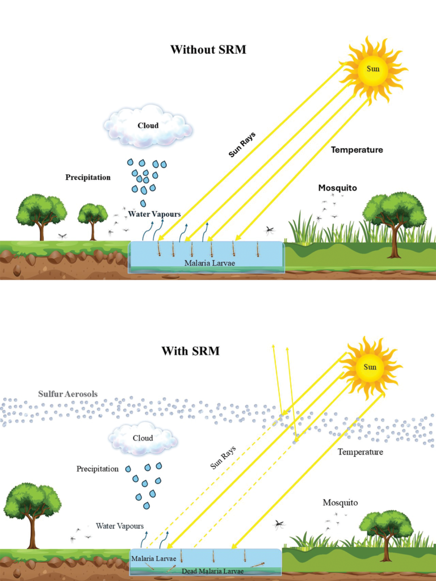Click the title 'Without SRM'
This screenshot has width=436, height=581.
[208, 50]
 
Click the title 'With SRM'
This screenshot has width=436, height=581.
[191, 351]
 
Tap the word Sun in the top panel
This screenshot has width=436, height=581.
[373, 69]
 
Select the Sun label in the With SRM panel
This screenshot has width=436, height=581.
[370, 367]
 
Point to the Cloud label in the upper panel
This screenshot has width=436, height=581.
[148, 125]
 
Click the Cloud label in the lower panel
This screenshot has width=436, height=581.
[142, 438]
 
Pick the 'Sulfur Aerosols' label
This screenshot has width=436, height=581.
[68, 394]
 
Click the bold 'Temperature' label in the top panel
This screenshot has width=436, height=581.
[357, 150]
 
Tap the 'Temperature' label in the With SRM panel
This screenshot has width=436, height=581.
[360, 452]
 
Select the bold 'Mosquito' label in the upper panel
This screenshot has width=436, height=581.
[337, 188]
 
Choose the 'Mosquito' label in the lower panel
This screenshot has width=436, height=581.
[341, 503]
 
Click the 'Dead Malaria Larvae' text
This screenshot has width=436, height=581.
[212, 571]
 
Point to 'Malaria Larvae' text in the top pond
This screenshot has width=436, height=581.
[209, 263]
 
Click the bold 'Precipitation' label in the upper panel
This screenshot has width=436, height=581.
[88, 178]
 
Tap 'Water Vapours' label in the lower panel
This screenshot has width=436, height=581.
[120, 526]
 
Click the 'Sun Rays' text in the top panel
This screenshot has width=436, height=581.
[242, 145]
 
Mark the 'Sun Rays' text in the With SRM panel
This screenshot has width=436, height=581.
[223, 458]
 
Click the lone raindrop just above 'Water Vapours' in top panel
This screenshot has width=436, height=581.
[143, 203]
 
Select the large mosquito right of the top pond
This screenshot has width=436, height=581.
[270, 230]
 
